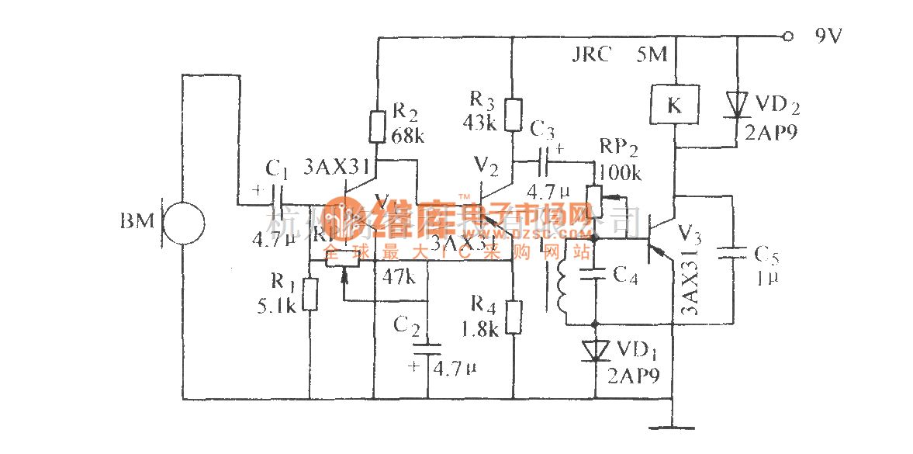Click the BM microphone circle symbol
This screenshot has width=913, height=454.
tap(184, 224)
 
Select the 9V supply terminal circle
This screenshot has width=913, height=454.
tap(789, 36)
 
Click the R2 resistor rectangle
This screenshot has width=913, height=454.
tap(377, 126)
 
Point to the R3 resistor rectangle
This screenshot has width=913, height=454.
tap(513, 114)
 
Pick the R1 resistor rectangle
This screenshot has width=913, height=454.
tap(310, 294)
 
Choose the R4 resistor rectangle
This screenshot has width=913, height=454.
tap(513, 317)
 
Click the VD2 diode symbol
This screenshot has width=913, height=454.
tap(735, 105)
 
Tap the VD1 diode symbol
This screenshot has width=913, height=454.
tap(595, 351)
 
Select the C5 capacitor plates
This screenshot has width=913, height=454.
tap(733, 254)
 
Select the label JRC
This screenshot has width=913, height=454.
tap(592, 55)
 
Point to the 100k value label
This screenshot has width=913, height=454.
tap(621, 174)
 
